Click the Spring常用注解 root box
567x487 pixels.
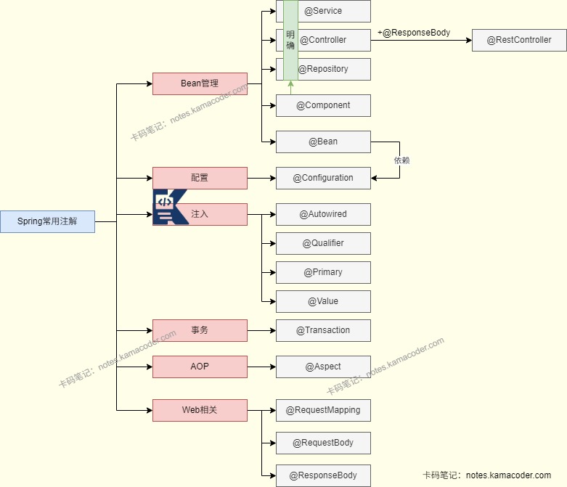tap(47, 221)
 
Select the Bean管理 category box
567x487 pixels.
tap(200, 83)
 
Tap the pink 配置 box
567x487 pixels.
tap(200, 178)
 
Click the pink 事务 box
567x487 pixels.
tap(200, 330)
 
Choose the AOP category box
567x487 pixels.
tap(200, 367)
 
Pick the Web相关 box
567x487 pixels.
tap(200, 410)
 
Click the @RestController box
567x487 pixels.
tap(519, 40)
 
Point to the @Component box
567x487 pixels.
tap(323, 105)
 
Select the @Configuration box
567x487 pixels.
tap(323, 178)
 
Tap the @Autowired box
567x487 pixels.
tap(323, 214)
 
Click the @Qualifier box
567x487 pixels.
tap(323, 243)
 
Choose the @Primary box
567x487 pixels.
tap(323, 272)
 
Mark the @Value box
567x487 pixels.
tap(323, 301)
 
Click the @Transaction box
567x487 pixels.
tap(323, 330)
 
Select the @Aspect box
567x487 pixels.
tap(323, 367)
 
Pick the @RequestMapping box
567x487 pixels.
tap(323, 410)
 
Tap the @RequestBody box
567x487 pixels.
tap(323, 443)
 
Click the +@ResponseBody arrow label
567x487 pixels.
tap(414, 33)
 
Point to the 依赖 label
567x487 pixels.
tap(401, 160)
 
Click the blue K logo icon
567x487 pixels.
tap(168, 207)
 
